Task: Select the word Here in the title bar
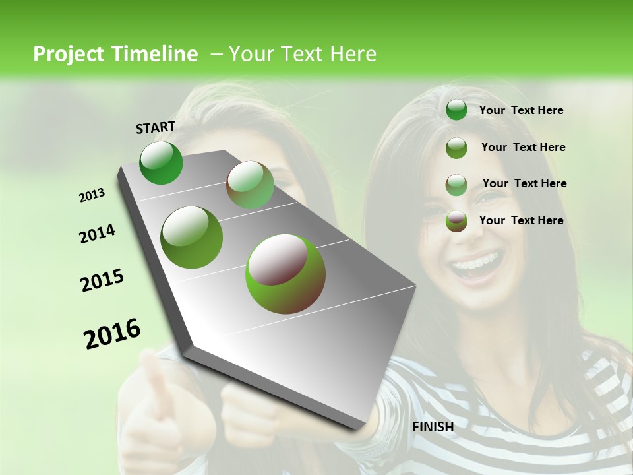(x=353, y=54)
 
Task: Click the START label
(x=156, y=127)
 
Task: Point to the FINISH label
(x=433, y=427)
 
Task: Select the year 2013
(x=92, y=195)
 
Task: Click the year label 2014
(x=98, y=234)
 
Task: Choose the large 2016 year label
(x=113, y=334)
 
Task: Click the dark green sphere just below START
(x=162, y=163)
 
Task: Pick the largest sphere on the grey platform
(x=286, y=274)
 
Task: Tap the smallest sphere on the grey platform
(x=251, y=185)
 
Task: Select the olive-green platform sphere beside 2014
(x=192, y=237)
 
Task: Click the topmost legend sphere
(x=456, y=110)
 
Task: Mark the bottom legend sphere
(x=456, y=221)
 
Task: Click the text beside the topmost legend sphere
(x=522, y=111)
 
